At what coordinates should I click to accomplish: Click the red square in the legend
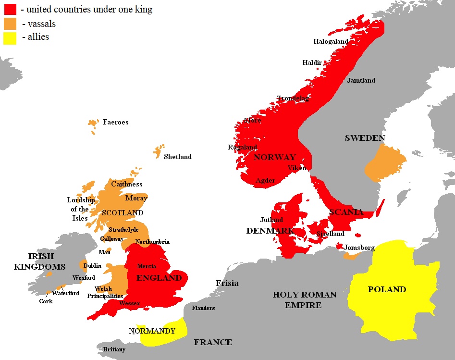[x=10, y=9]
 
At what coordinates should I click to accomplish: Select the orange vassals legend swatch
[x=10, y=24]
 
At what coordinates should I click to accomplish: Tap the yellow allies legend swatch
[x=10, y=37]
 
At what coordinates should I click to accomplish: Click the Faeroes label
[x=115, y=122]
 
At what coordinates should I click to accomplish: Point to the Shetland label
[x=177, y=157]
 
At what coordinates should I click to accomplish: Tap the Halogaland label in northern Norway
[x=331, y=42]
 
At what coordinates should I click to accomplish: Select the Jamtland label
[x=361, y=80]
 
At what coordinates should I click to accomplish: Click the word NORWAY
[x=274, y=157]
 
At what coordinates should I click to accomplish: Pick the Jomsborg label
[x=360, y=248]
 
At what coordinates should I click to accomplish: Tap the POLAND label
[x=387, y=289]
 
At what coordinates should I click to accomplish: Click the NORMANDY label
[x=152, y=331]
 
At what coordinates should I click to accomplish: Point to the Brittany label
[x=114, y=349]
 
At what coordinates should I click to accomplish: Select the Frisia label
[x=227, y=283]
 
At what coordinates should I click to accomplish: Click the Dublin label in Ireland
[x=92, y=266]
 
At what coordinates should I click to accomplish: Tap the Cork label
[x=46, y=301]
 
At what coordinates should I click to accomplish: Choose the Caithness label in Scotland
[x=126, y=184]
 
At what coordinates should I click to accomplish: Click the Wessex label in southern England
[x=129, y=303]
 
